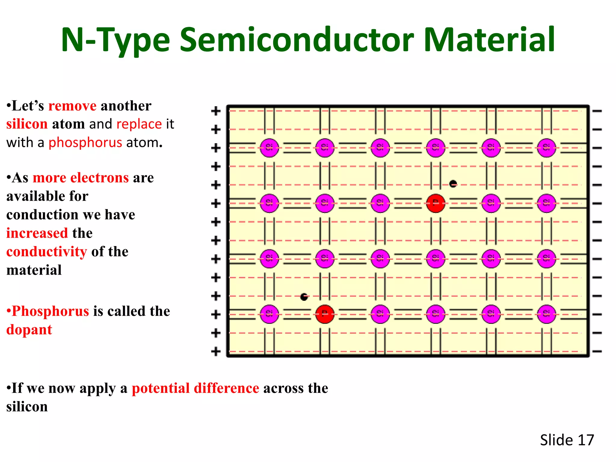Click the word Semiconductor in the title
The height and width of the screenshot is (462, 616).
[297, 40]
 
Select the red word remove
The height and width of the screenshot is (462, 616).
[72, 106]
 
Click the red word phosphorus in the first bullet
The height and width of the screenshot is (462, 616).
[85, 143]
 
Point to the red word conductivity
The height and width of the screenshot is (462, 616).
[47, 252]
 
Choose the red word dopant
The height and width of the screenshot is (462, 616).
[29, 330]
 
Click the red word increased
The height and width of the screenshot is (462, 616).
[37, 233]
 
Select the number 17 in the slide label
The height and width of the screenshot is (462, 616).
[586, 440]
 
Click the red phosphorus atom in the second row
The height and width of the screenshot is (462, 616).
[436, 203]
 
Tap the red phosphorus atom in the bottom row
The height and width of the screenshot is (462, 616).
[325, 314]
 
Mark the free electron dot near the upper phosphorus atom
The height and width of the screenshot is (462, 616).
[453, 183]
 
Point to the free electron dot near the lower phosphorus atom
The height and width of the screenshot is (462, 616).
[304, 297]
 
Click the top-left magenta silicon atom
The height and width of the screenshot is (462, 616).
[269, 148]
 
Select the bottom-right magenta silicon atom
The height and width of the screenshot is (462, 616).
[546, 314]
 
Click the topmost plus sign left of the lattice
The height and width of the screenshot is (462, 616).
[216, 111]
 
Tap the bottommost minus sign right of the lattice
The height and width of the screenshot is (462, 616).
[597, 351]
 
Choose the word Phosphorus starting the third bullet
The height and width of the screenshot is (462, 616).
[50, 311]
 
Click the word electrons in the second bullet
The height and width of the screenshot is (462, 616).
[100, 178]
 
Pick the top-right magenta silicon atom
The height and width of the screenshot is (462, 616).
[546, 148]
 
